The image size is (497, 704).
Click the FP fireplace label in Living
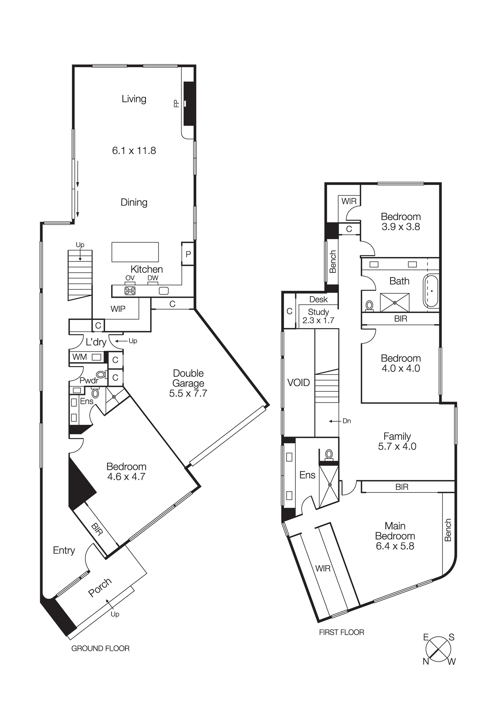point(177,103)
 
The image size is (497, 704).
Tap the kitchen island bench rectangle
point(135,252)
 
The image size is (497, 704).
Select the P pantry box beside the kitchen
point(188,254)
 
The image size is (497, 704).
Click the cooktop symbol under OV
point(130,291)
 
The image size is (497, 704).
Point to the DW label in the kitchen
point(153,278)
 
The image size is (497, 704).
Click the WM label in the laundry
point(79,357)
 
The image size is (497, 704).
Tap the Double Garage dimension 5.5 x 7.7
point(188,393)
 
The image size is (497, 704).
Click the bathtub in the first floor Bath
point(431,291)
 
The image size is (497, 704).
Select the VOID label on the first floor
point(299,383)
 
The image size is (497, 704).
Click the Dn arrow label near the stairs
point(346,421)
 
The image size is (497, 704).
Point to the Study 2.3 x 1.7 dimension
point(318,320)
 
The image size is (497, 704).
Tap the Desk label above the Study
point(319,300)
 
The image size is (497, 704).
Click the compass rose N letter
point(426,662)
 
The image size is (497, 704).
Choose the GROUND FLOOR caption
point(100,648)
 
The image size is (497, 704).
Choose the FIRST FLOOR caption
point(342,633)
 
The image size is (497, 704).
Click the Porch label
point(100,587)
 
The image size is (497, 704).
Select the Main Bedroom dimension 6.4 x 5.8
point(395,546)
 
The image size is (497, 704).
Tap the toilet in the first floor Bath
point(369,305)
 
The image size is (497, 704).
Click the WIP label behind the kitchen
point(118,309)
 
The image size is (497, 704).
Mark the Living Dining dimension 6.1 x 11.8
point(134,151)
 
